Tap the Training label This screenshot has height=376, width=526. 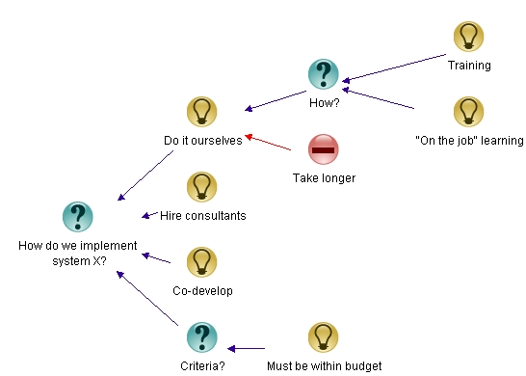coord(469,66)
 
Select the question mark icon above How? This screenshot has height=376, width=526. coord(323,73)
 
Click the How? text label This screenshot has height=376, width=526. coord(323,102)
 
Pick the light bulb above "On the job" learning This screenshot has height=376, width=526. coord(468,111)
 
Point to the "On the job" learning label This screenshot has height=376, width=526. coord(468,141)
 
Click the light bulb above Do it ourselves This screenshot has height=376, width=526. coord(201,111)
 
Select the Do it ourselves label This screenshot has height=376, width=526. coord(202,141)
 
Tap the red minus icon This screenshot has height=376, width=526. coord(324,148)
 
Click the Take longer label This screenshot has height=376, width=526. coord(324,178)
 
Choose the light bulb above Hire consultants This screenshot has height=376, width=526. coord(201,186)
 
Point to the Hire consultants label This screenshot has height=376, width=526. coord(202,216)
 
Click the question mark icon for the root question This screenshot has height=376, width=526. coord(78,217)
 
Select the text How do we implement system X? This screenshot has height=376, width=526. coord(78,253)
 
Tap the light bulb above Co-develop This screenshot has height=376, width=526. coord(201,261)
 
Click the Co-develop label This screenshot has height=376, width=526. coord(202,290)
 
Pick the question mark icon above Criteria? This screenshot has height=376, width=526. coord(201,336)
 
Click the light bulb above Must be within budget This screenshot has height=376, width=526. coord(324,336)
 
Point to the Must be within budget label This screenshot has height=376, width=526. coord(324,366)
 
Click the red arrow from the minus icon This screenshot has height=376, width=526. coord(270,144)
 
